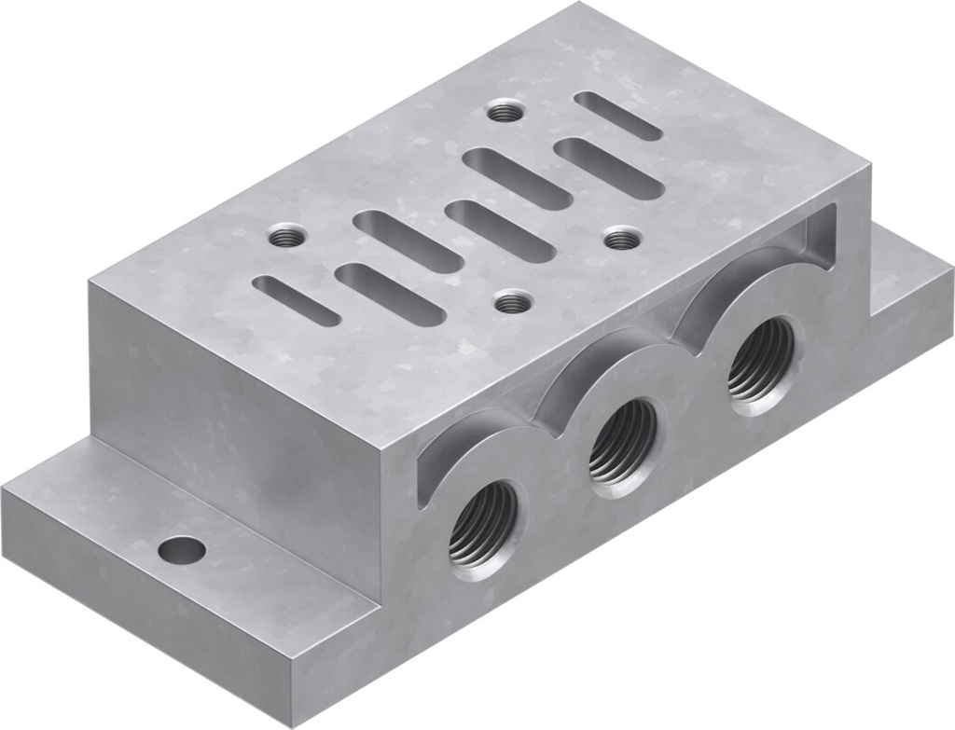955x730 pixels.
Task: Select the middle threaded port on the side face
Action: click(622, 442)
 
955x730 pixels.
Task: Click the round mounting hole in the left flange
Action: click(181, 550)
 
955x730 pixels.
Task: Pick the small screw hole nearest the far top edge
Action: click(505, 112)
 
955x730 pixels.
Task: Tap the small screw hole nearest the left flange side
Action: click(286, 237)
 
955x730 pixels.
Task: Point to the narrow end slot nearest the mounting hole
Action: click(297, 300)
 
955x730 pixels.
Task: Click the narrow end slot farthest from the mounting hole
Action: click(617, 116)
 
